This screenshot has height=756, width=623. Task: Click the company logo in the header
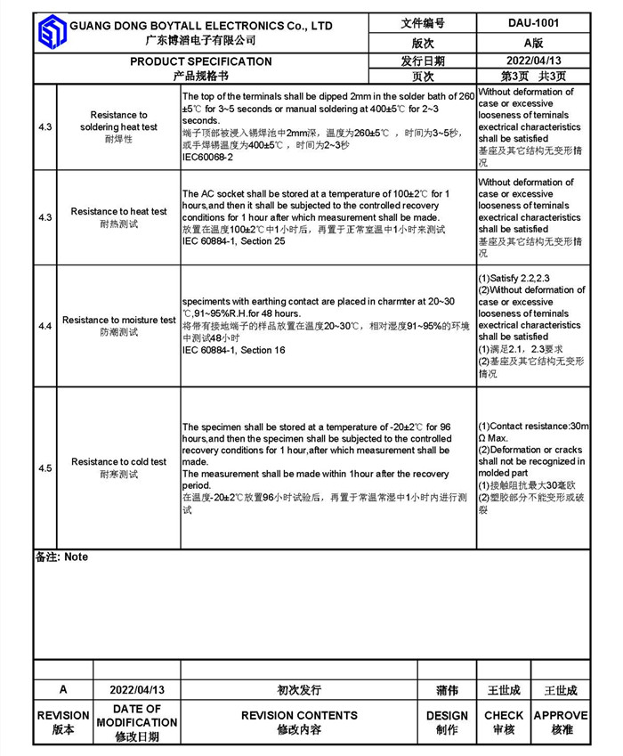51,32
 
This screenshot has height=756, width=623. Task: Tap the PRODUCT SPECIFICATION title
201,61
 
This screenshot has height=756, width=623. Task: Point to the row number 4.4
45,327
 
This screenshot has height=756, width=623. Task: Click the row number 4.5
45,468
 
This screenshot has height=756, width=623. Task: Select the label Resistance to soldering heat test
119,121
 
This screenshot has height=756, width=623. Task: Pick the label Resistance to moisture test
119,320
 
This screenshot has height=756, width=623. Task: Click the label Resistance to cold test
119,462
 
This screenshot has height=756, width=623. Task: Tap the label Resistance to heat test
119,212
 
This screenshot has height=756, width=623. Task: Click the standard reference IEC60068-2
207,157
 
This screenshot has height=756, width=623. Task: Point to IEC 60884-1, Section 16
234,350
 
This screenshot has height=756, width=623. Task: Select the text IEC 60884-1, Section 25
234,241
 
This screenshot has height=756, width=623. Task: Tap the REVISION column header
63,715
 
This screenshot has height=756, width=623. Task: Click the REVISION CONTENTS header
299,715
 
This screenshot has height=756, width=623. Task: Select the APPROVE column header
561,715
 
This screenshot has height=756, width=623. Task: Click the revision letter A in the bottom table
63,690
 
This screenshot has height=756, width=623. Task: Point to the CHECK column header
504,715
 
